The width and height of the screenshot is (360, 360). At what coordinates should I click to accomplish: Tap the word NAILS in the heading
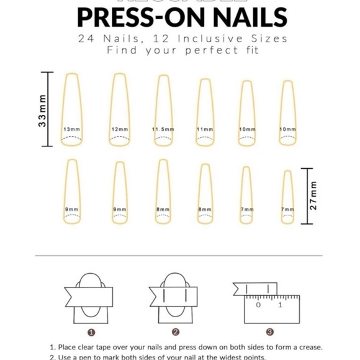coord(234,17)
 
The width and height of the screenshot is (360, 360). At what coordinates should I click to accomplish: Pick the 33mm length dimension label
coord(42,110)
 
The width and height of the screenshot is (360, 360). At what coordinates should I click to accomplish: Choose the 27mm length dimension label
coord(313,196)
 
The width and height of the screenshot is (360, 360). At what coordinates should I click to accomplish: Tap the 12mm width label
coord(119,129)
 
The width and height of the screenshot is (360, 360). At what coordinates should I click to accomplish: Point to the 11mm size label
coord(205,129)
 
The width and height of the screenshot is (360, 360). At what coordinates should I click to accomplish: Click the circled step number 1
coord(91,332)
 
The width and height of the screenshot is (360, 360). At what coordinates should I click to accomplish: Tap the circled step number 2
coord(176,332)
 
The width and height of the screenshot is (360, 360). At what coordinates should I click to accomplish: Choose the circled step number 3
coord(269,332)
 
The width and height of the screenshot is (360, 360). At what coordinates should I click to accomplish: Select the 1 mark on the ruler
coord(280,305)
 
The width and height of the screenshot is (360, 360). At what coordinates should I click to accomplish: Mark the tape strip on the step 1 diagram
coord(90,295)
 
